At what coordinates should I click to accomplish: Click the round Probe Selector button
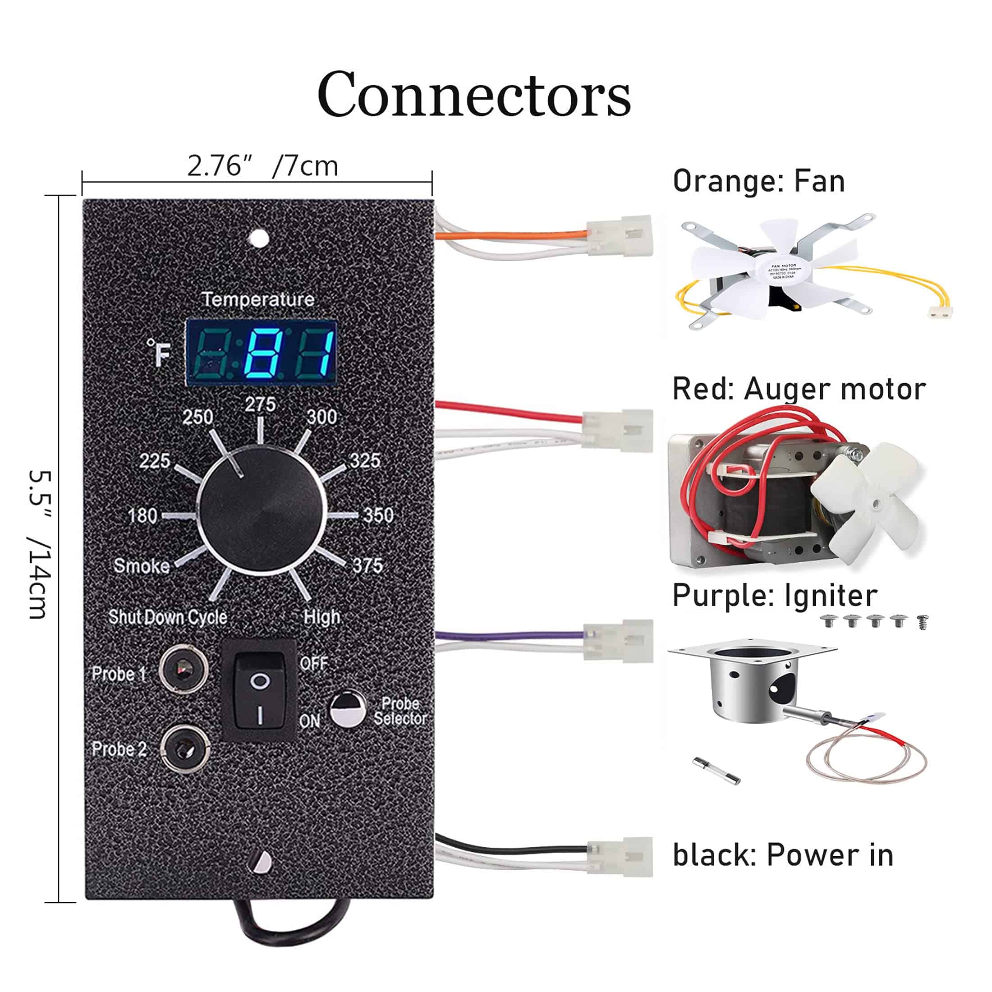click(347, 710)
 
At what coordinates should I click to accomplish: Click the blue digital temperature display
click(262, 352)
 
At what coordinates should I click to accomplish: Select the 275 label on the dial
click(260, 404)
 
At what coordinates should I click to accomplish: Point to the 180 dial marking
click(142, 515)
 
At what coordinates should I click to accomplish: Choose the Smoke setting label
click(142, 565)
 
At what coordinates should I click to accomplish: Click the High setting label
click(322, 617)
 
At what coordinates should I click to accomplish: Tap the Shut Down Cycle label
click(168, 617)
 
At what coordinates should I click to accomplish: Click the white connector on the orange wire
click(620, 236)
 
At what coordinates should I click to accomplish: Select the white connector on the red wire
click(618, 431)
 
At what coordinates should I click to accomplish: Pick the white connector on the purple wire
click(619, 641)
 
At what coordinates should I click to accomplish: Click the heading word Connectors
click(473, 95)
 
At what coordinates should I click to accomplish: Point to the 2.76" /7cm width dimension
click(262, 166)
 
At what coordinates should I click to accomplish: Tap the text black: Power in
click(782, 855)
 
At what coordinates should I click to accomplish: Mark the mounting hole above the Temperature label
click(258, 238)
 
